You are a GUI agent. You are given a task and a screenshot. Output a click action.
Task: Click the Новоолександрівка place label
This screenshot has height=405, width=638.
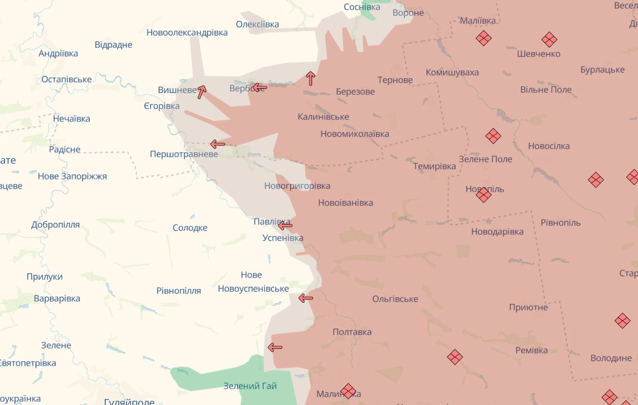[x=187, y=32]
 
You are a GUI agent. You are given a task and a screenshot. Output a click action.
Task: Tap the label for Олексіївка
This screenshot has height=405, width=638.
[x=257, y=24]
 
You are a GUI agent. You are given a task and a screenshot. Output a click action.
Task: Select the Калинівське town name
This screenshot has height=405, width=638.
[x=323, y=117]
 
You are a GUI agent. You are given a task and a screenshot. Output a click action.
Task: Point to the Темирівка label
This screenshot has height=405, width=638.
[x=434, y=166]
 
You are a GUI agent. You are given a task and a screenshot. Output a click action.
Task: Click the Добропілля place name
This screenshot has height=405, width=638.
[x=55, y=224]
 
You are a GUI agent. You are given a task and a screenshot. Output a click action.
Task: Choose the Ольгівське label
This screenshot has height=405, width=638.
[x=395, y=299]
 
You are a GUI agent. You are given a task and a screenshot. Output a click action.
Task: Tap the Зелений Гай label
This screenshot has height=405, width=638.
[x=250, y=386]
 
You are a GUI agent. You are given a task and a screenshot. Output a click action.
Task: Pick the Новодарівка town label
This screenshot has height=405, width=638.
[x=497, y=232]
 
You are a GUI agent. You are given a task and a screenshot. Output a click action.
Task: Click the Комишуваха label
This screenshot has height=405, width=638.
[x=452, y=72]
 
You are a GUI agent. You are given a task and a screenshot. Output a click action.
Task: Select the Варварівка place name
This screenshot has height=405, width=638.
[x=57, y=298]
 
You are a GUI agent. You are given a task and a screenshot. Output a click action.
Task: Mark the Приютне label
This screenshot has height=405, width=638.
[x=528, y=307]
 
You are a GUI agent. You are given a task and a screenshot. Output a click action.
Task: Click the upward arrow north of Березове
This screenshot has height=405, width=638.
[x=311, y=78]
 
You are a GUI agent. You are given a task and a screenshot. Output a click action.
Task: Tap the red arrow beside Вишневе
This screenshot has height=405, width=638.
[x=201, y=91]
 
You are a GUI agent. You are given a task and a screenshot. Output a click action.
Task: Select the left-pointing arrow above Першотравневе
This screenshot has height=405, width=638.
[x=217, y=144]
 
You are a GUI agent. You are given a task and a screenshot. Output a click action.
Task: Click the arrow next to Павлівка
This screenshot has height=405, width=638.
[x=285, y=225]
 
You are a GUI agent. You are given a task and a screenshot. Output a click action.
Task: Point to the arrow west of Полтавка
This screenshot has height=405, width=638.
[x=275, y=347]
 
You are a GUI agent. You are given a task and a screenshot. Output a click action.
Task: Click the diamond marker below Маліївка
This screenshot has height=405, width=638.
[x=484, y=38]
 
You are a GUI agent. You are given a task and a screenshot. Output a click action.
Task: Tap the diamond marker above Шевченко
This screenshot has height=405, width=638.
[x=549, y=39]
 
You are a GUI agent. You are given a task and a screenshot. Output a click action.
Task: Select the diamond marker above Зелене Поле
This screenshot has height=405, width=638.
[x=493, y=136]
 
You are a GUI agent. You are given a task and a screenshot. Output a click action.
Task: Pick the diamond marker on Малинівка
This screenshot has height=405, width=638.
[x=348, y=391]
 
